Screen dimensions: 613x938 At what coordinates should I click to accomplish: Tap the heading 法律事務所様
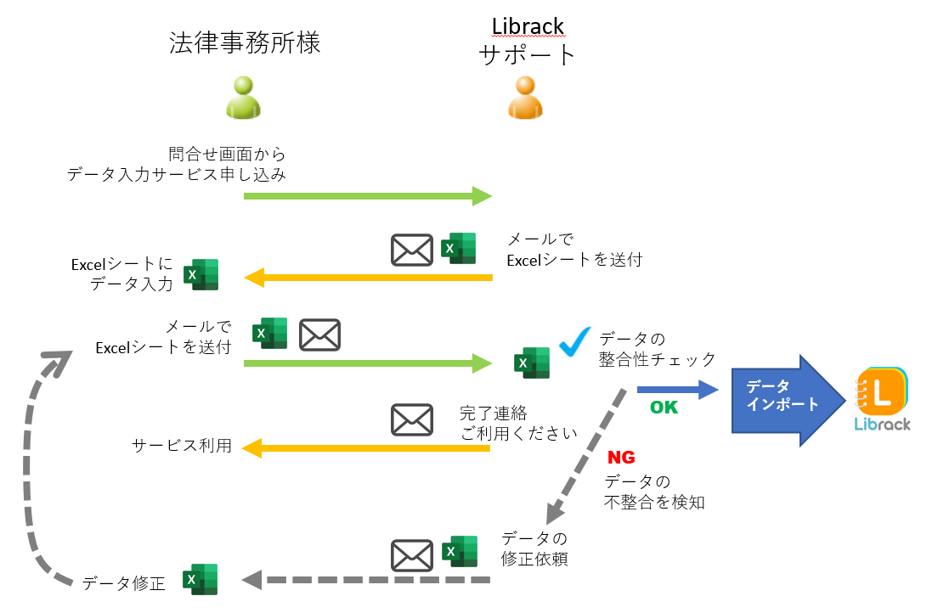245,43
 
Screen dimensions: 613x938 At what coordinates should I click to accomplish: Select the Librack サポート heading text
528,41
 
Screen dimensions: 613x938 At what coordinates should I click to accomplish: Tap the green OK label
664,408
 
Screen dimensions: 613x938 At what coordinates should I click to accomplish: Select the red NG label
621,458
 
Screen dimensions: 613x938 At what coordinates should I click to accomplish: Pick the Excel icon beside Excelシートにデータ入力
202,275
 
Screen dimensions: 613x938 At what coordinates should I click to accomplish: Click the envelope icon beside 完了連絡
411,419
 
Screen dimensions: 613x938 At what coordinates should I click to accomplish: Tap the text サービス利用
182,446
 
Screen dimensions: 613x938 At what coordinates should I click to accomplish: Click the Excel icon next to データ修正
201,580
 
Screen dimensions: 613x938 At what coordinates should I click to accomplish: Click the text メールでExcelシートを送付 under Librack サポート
574,250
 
